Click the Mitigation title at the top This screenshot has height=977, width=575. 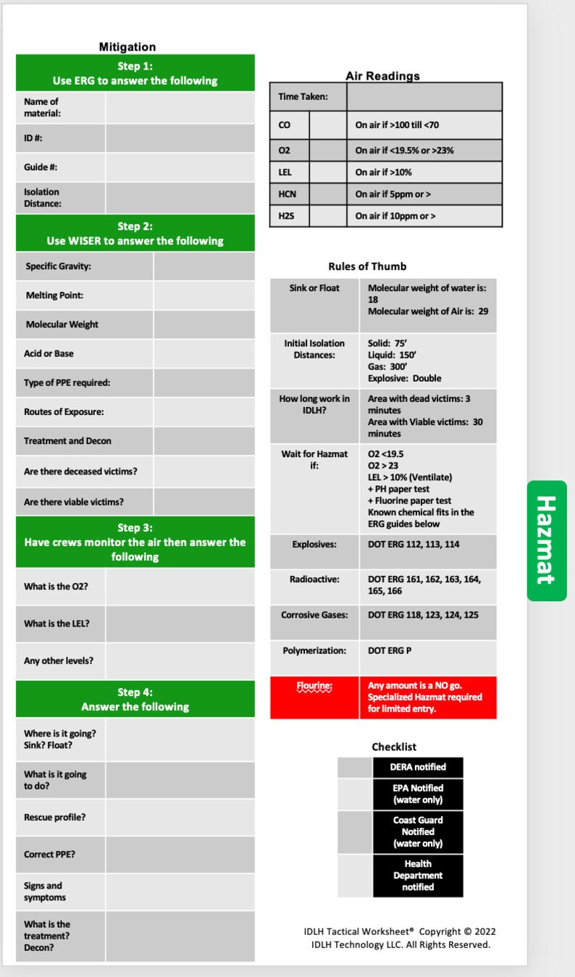coord(127,47)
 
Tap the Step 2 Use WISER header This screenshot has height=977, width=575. coord(135,233)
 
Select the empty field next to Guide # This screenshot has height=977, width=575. coord(180,167)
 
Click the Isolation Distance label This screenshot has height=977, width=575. coord(43,198)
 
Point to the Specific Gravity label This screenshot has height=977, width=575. coord(59,267)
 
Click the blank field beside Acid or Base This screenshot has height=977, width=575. coord(203,353)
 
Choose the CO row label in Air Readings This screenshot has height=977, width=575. coord(285,125)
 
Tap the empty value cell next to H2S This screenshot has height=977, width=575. coord(327,216)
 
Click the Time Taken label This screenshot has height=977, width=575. coord(303,97)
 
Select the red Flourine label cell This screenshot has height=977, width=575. coord(314,697)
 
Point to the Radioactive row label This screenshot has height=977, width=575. coord(314,579)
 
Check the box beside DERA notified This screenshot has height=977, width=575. coord(354,768)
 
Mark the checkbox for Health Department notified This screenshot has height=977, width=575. coord(354,875)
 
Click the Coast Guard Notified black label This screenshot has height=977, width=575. coord(418,831)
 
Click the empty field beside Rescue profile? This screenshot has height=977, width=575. coord(180,818)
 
